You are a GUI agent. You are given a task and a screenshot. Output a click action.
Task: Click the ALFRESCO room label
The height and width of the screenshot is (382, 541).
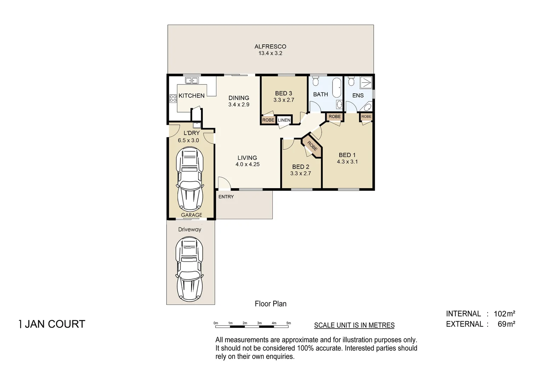coord(270,46)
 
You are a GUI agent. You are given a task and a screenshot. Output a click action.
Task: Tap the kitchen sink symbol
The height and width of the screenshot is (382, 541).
coord(191,81)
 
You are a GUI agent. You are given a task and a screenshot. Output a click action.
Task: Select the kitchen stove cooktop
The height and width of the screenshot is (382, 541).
coord(173,98)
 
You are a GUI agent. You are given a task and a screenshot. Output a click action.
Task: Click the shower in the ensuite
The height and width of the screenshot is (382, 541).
coord(366,83)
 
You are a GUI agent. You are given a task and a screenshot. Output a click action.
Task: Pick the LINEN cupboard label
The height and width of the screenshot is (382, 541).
coord(284,120)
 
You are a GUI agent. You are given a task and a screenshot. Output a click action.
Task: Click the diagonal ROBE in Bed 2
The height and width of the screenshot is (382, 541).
coord(312,146)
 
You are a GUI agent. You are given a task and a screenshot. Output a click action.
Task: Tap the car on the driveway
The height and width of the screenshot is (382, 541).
coord(190,269)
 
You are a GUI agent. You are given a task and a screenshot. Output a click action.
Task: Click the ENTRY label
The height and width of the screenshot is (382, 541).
coord(226,197)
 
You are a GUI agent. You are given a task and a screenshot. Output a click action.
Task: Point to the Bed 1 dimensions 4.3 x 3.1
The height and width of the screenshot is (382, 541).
coord(347,162)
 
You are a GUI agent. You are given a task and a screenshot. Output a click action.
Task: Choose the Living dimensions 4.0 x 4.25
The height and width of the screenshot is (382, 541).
coord(247,164)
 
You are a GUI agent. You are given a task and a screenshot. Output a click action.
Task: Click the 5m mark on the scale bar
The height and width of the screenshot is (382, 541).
coord(289,323)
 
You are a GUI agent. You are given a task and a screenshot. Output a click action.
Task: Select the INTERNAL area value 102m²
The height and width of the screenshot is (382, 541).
coord(504,314)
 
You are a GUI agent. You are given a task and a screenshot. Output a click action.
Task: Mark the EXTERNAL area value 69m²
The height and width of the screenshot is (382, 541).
coord(506,324)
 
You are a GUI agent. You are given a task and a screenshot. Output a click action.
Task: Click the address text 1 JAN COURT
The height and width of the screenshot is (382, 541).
coord(52,324)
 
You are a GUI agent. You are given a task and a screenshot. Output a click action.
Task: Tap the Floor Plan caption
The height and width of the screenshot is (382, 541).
coord(271,303)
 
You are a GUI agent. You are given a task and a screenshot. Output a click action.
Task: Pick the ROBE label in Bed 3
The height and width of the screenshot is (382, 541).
coord(268,120)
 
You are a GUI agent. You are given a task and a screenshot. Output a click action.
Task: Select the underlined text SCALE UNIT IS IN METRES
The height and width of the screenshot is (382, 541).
coord(354,325)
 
